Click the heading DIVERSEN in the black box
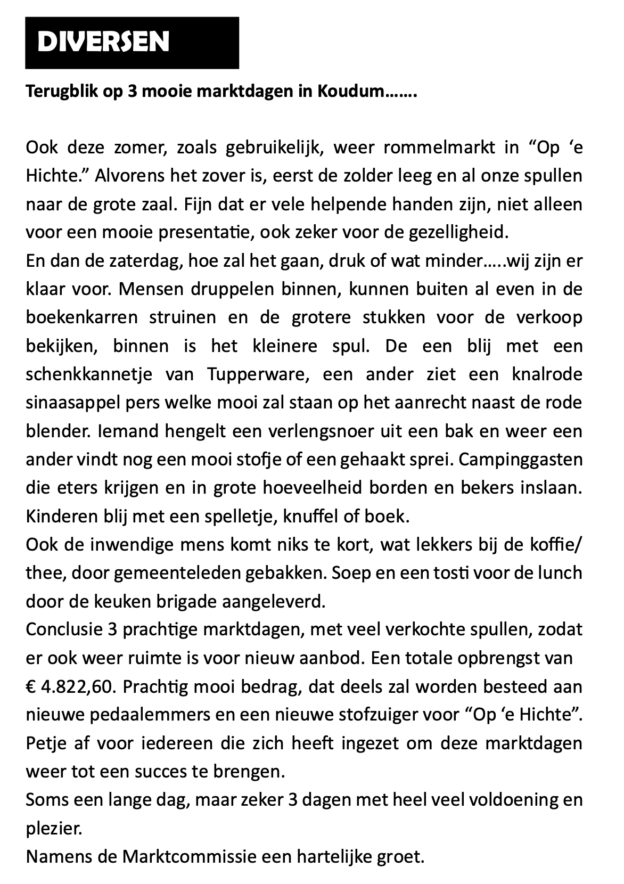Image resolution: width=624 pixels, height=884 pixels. [103, 43]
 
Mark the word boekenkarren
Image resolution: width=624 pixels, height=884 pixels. [81, 318]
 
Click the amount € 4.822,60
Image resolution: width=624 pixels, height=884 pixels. [70, 687]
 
